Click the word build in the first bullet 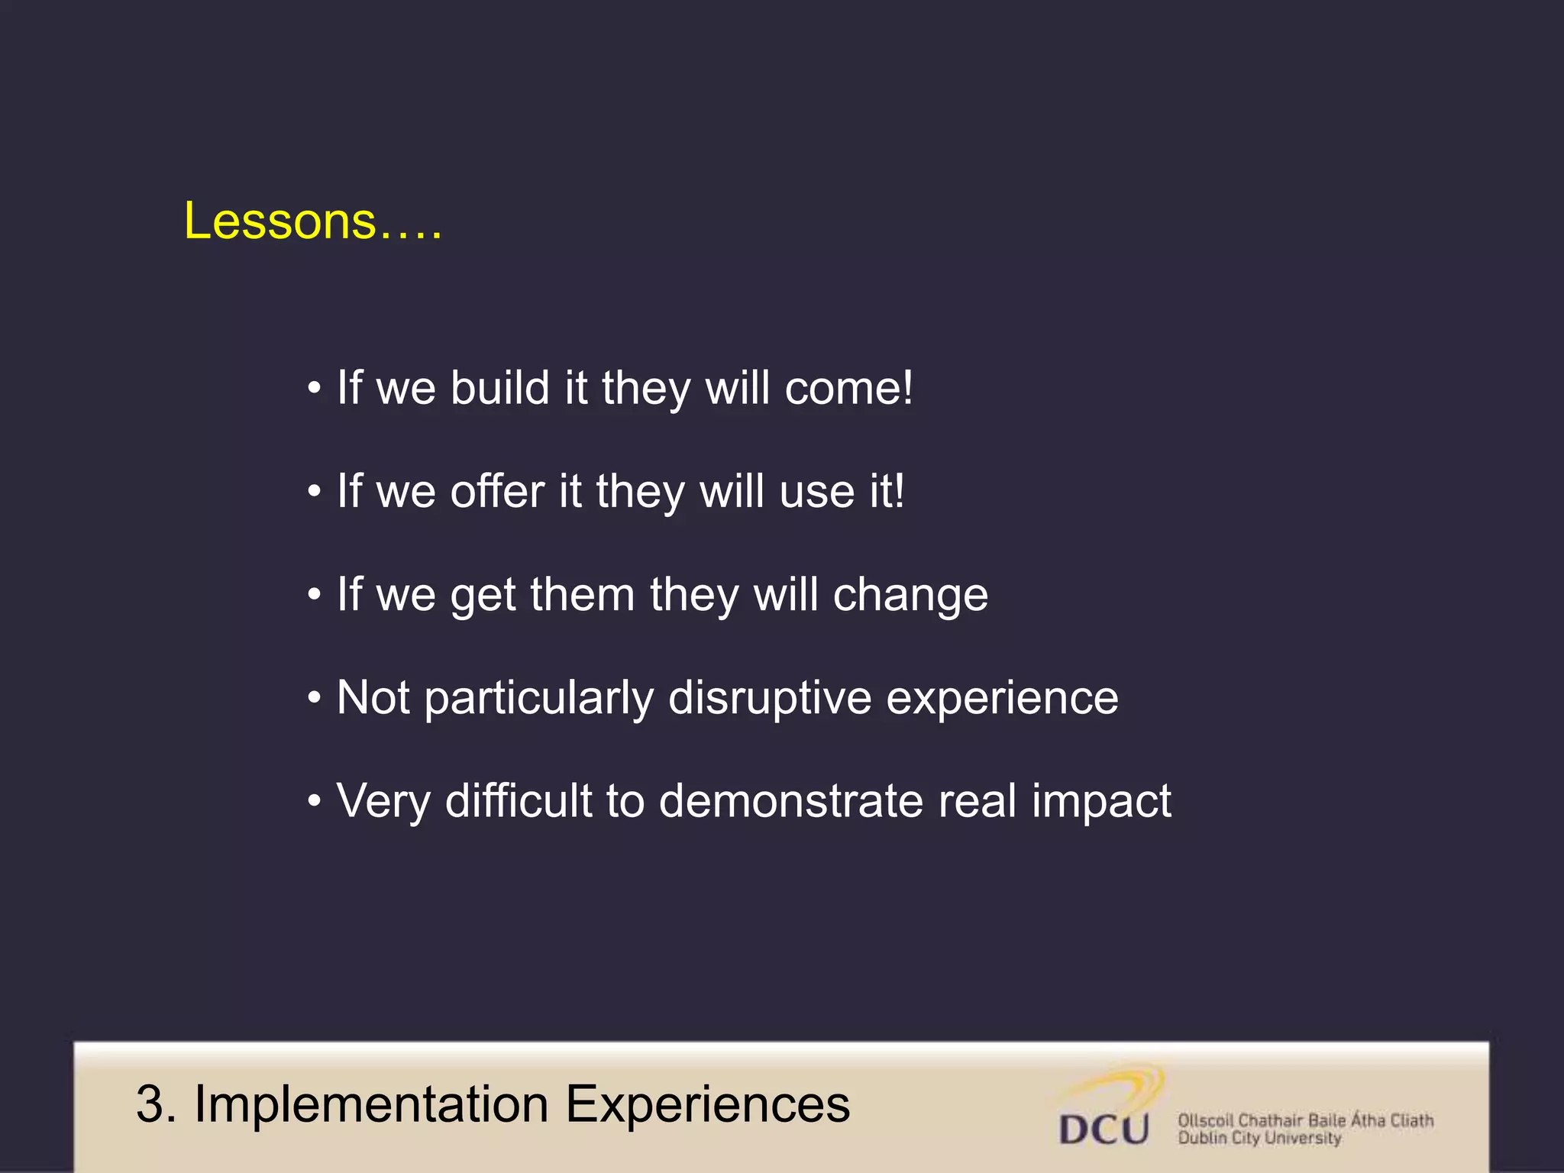500,388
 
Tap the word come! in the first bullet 848,388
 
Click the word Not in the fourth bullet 373,697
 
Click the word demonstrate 790,801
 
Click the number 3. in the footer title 157,1105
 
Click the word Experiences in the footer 707,1105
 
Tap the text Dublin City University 1259,1139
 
